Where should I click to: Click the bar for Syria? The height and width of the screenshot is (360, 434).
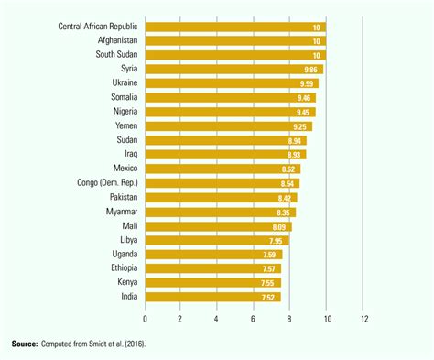pos(233,70)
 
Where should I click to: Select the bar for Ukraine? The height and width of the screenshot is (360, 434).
pos(231,83)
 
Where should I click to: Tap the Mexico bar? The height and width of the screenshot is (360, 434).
pos(222,169)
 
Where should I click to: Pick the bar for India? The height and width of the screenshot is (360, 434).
pos(212,296)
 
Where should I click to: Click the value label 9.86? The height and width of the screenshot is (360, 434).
pos(313,70)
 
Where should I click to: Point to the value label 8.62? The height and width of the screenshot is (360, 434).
pos(290,169)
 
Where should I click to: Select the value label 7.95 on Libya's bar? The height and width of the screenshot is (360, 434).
pos(278,239)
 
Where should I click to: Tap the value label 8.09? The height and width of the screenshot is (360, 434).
pos(280,225)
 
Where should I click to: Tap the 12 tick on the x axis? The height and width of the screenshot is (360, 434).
pos(364,319)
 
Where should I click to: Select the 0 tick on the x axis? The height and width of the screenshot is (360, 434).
pos(145,319)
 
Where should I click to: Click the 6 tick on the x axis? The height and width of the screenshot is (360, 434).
pos(254,319)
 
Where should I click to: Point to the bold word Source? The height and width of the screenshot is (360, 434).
pos(25,344)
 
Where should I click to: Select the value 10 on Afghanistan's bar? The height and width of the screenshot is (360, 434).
pos(317,41)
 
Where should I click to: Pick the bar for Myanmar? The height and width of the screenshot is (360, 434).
pos(220,212)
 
